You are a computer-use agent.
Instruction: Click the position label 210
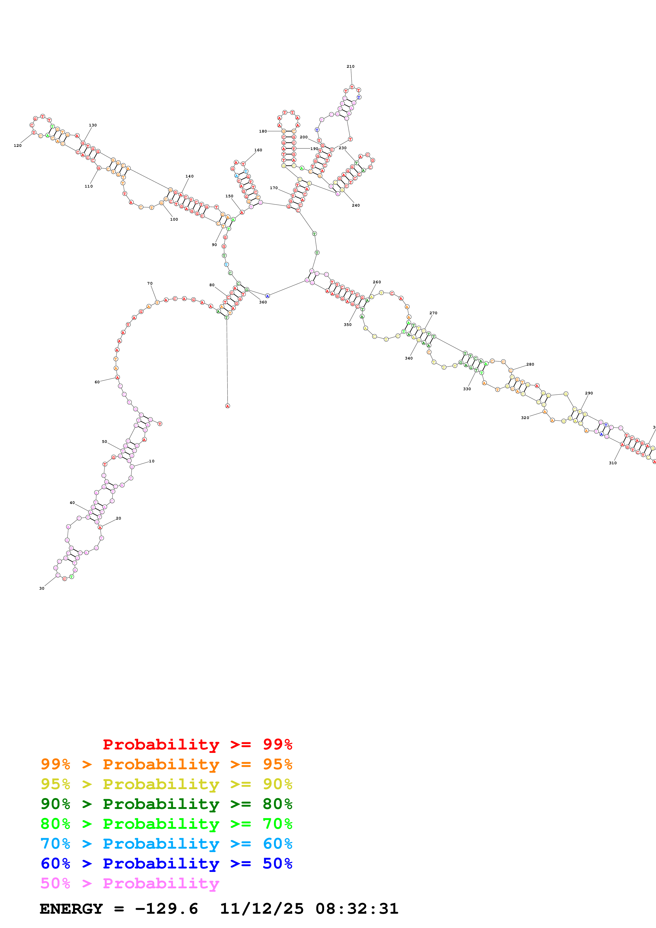[350, 67]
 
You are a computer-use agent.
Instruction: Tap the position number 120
[18, 145]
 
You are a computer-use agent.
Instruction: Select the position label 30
[42, 589]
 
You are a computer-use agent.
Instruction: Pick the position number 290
[589, 393]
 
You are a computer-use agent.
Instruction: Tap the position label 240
[356, 205]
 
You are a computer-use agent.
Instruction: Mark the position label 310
[613, 463]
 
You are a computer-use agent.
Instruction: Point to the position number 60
[97, 382]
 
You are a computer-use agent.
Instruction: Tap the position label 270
[433, 313]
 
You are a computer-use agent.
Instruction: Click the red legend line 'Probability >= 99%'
[197, 744]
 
